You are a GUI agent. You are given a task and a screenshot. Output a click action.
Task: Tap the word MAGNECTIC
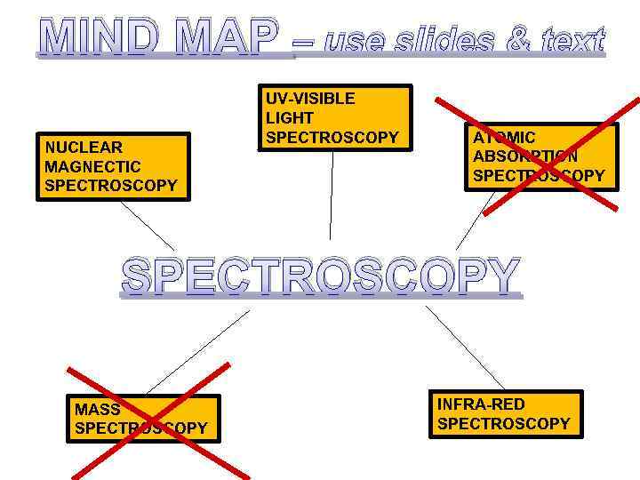(x=92, y=166)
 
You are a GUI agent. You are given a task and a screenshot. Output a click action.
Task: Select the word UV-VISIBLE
(x=310, y=99)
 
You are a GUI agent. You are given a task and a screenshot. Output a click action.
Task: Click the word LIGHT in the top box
(x=290, y=118)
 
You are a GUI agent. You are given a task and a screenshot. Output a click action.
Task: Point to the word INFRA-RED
(x=481, y=404)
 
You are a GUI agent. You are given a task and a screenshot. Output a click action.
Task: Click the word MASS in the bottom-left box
(x=98, y=410)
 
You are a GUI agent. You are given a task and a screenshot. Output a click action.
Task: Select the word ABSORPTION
(x=525, y=156)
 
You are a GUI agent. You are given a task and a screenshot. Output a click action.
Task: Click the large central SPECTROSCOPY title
(x=320, y=276)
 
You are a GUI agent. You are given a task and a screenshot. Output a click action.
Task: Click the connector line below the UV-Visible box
(x=332, y=196)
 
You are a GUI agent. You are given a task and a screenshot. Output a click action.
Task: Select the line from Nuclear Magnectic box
(x=148, y=226)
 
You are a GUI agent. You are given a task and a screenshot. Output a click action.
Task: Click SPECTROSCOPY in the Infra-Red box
(x=503, y=424)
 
